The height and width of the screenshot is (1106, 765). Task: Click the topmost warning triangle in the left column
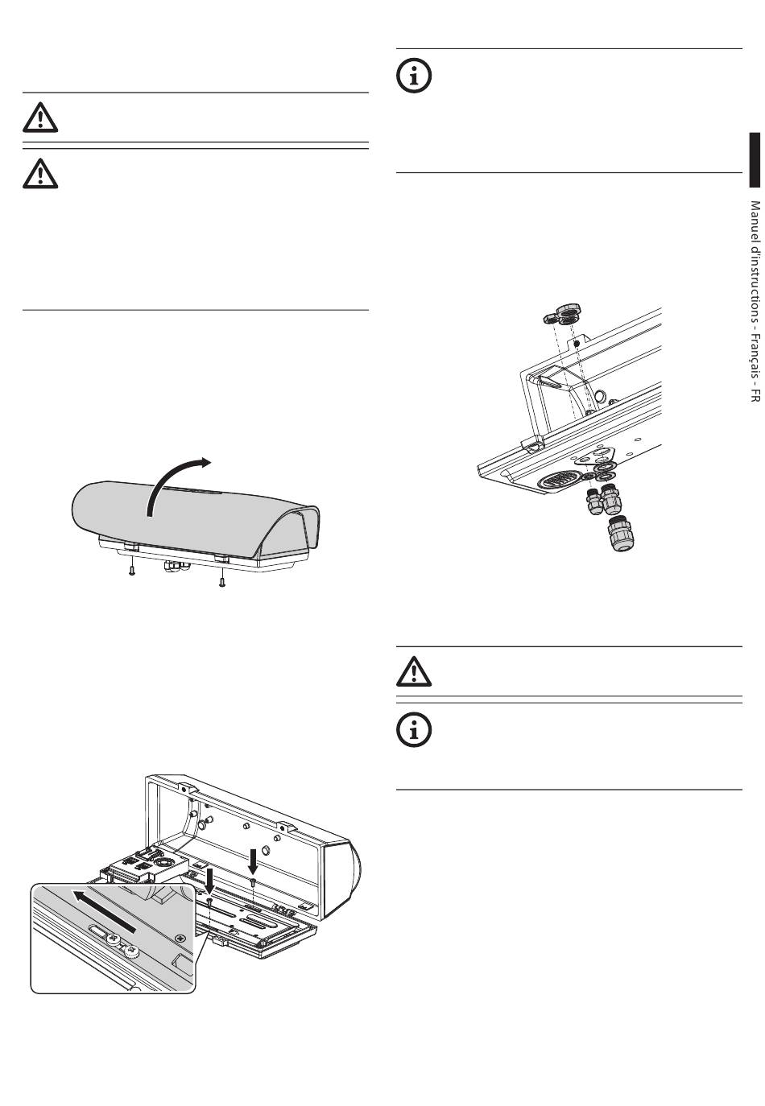40,118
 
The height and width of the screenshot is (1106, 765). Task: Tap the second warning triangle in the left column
40,172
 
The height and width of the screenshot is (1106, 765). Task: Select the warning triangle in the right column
414,671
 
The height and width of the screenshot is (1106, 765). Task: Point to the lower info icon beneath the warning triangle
415,729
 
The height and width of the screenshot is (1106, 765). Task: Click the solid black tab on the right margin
754,160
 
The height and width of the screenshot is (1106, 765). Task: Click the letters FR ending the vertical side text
755,394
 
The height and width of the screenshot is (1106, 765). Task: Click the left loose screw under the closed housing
131,571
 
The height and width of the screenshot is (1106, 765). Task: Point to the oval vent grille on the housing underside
558,481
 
